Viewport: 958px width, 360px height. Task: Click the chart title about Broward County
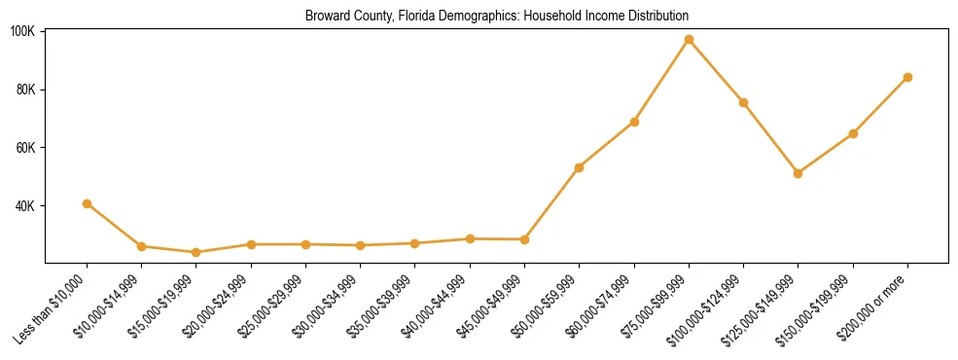496,17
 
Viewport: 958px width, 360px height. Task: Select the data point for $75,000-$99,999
689,40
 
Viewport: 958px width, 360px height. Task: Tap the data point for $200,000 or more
907,77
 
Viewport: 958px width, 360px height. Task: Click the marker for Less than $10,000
87,203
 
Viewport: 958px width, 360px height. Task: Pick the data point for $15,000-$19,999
196,252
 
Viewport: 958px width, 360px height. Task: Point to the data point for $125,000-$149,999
798,173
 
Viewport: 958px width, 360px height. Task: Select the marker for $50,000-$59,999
579,167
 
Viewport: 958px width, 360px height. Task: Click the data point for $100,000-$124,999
743,102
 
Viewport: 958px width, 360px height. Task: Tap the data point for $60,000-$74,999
634,122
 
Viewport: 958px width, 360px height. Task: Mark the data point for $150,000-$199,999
853,133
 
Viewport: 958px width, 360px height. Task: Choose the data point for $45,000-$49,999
524,239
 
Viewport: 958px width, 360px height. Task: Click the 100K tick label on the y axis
22,32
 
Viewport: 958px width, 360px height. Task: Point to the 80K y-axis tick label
25,90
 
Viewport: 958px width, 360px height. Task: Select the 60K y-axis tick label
25,148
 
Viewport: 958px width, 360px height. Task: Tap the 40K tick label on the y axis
25,206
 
